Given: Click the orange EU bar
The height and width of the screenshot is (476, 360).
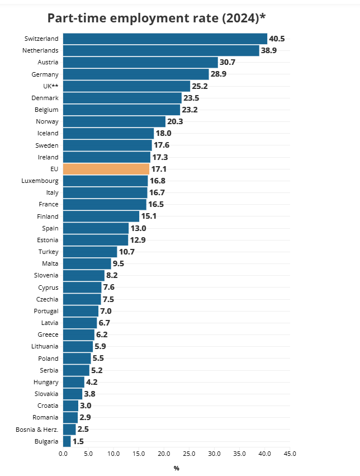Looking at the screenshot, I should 106,169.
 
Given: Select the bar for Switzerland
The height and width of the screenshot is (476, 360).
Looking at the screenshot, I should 165,39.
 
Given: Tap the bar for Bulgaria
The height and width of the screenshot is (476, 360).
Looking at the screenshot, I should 67,441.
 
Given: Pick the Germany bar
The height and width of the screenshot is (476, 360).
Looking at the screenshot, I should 136,74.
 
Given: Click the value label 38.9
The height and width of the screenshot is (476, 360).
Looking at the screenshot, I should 269,50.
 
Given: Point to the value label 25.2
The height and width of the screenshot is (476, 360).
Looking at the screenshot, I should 200,86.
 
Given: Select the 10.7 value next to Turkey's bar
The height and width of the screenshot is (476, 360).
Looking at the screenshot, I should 127,252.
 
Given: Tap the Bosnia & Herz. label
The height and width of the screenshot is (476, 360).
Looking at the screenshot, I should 37,430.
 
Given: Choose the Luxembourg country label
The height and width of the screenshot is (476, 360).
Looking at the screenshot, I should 40,181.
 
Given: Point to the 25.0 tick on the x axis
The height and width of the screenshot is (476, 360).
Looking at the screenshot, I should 189,454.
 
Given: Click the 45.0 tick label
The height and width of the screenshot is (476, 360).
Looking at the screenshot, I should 290,454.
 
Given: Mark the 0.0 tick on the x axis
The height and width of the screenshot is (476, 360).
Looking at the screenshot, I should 63,454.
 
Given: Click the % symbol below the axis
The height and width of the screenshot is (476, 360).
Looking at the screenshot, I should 176,468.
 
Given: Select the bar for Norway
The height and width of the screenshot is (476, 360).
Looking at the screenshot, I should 114,121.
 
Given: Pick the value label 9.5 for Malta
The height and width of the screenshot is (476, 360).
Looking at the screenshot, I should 119,263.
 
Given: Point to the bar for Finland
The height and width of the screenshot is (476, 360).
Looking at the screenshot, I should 101,216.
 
